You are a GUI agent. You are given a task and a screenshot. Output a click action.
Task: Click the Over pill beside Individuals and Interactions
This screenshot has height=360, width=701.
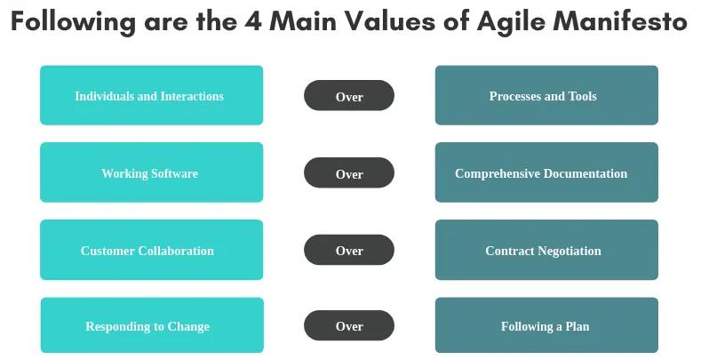click(x=348, y=96)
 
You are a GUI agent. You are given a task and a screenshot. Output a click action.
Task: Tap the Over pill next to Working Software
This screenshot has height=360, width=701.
click(x=348, y=173)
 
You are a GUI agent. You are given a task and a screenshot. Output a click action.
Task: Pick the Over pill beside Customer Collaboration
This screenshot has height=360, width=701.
click(x=348, y=250)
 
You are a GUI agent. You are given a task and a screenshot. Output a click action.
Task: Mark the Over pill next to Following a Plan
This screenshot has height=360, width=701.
click(x=348, y=325)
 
